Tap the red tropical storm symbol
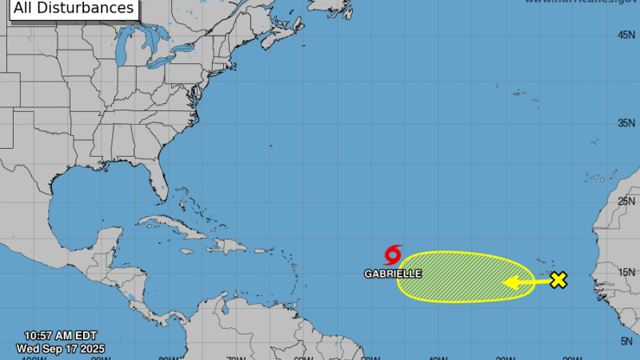point(393,255)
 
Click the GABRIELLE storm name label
point(393,274)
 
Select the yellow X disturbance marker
point(558,280)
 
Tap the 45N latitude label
point(626,35)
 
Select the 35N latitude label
point(626,123)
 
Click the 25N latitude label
point(626,200)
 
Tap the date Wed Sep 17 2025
point(60,349)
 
